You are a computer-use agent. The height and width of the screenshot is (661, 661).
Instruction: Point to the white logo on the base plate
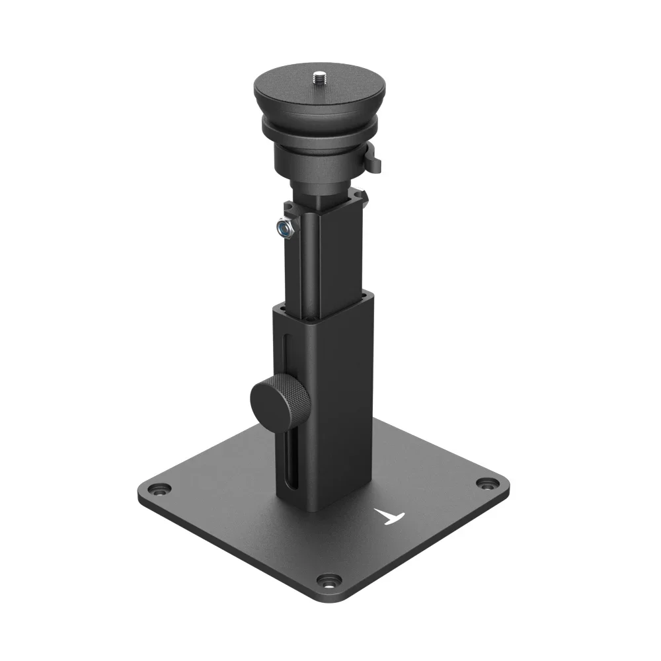pyautogui.click(x=389, y=516)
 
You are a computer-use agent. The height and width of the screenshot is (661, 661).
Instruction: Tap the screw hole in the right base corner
pyautogui.click(x=487, y=485)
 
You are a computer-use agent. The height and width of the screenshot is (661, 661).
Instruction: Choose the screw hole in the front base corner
pyautogui.click(x=327, y=582)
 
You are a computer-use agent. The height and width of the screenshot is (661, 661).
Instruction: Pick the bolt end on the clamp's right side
pyautogui.click(x=361, y=196)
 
